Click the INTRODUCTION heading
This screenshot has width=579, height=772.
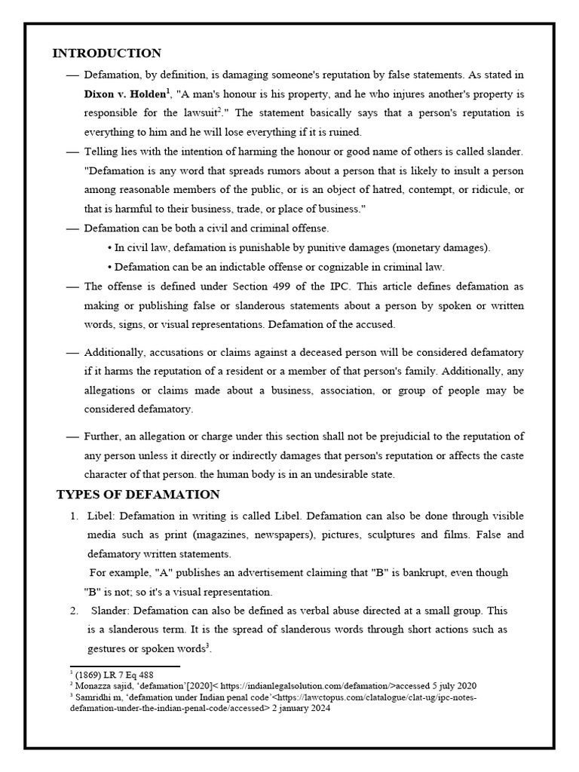pyautogui.click(x=106, y=54)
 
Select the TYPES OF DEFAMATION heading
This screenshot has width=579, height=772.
pyautogui.click(x=138, y=495)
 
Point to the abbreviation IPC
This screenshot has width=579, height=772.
pyautogui.click(x=357, y=286)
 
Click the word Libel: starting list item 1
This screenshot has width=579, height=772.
pyautogui.click(x=103, y=516)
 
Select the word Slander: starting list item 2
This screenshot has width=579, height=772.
pyautogui.click(x=112, y=610)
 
